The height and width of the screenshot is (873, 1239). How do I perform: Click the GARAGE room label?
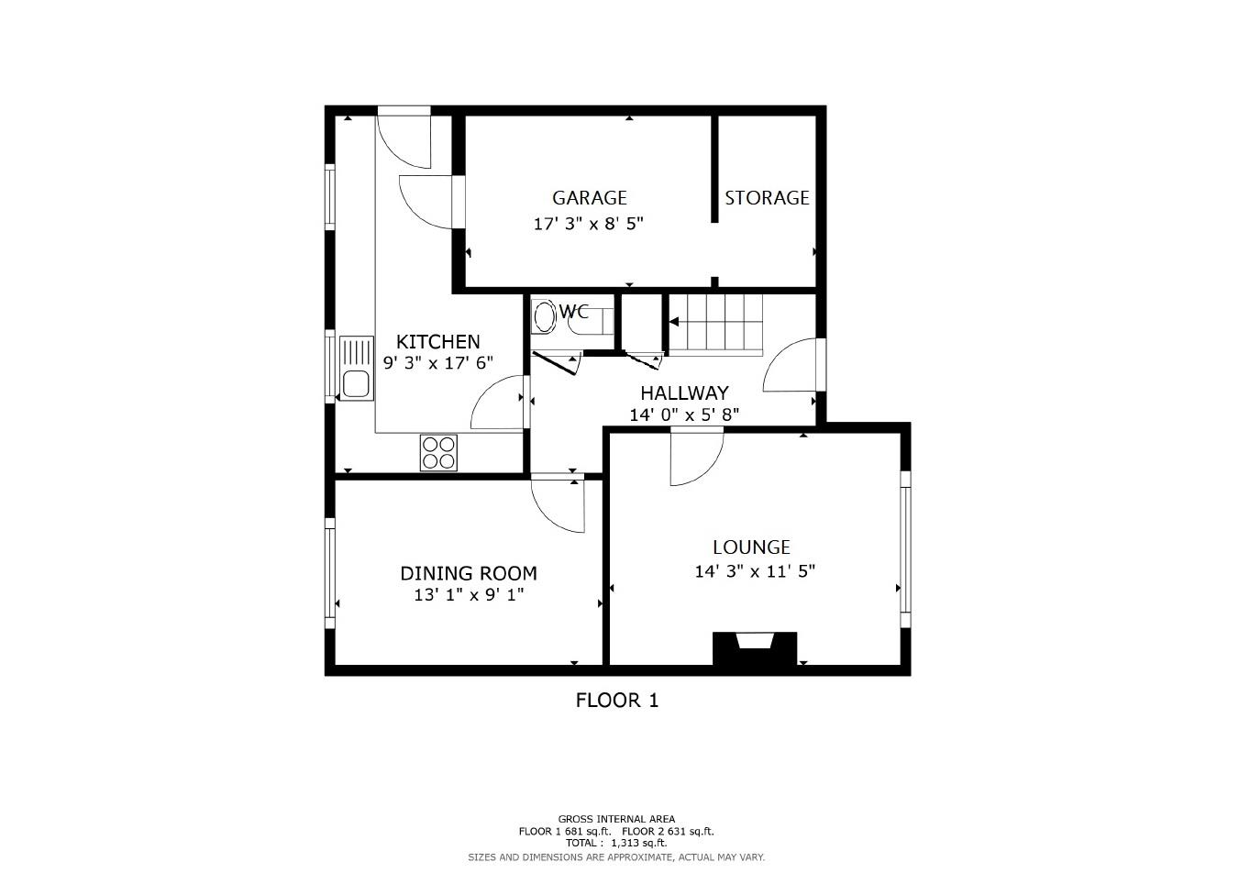(589, 198)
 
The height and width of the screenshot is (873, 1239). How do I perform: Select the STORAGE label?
(767, 198)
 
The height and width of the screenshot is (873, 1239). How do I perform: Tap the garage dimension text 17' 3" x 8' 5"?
(588, 224)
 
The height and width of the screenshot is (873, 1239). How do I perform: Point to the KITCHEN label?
(437, 342)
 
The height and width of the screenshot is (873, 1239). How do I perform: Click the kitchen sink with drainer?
(357, 369)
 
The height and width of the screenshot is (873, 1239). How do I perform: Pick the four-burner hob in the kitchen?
(438, 452)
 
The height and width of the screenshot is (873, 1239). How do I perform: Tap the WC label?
(575, 312)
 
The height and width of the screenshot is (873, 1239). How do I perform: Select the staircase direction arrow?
(675, 322)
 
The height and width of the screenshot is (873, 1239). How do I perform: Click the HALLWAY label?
(684, 393)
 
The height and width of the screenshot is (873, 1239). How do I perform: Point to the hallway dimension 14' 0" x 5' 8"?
(684, 415)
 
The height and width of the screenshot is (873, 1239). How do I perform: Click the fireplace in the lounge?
(755, 649)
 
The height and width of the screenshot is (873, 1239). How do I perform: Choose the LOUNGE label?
(751, 547)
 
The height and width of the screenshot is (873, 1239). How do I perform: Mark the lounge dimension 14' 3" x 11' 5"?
(755, 571)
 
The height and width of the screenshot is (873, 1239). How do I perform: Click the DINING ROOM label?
(468, 574)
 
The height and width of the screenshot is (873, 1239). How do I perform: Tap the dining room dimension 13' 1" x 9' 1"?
(469, 595)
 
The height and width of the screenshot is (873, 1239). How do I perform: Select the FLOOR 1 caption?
(616, 701)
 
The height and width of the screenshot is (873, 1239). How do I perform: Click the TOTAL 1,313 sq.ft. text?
(616, 843)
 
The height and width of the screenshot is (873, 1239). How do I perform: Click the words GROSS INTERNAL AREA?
(616, 819)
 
